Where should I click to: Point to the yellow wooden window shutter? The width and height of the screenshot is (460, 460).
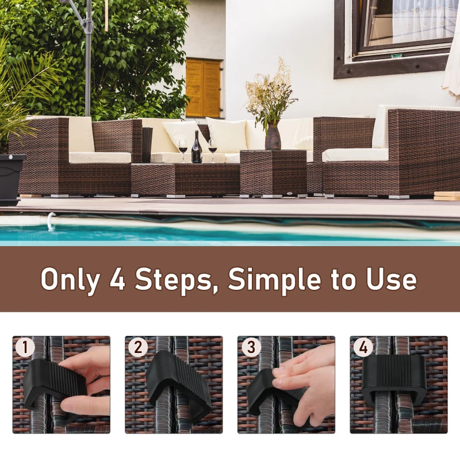click(x=203, y=88)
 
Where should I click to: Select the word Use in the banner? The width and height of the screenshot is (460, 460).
click(x=392, y=279)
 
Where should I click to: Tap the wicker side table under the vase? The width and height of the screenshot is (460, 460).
click(x=273, y=172)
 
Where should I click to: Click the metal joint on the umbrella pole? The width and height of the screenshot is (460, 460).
click(x=87, y=24)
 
